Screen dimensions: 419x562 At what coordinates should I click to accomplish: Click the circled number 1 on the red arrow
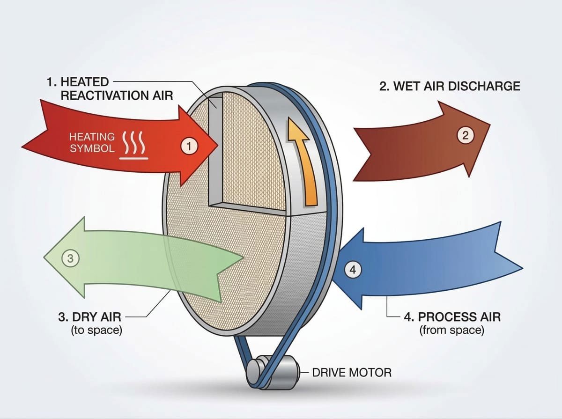[x=189, y=147]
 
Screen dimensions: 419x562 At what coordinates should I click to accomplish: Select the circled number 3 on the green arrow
[x=70, y=257]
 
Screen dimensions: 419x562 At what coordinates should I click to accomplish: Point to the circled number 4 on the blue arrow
[x=353, y=269]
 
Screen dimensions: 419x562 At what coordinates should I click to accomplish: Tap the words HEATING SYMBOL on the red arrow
[x=92, y=142]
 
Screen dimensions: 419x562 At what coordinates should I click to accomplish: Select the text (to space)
[x=96, y=330]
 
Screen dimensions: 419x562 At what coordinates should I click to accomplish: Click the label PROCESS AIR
[x=451, y=317]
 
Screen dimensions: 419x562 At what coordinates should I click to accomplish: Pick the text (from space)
[x=451, y=330]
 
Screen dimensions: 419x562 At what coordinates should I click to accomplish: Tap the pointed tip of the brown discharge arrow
[x=490, y=125]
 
